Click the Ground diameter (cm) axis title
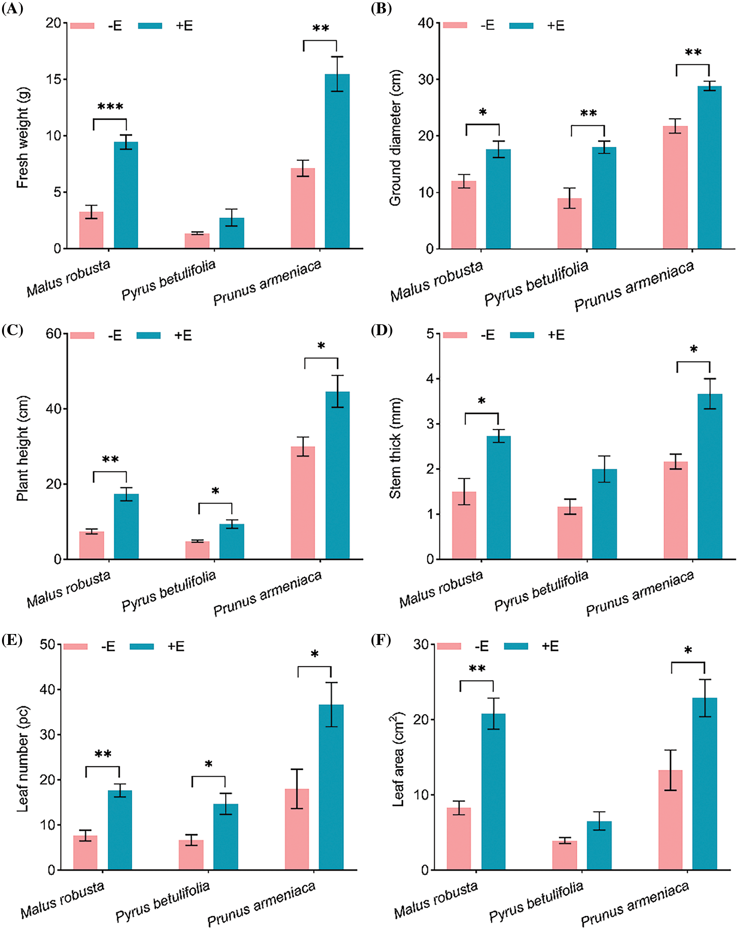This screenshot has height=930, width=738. pyautogui.click(x=395, y=138)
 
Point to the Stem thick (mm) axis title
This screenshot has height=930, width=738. pyautogui.click(x=395, y=448)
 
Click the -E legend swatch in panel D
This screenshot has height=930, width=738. pyautogui.click(x=455, y=335)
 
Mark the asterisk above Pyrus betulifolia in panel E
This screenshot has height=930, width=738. pyautogui.click(x=208, y=765)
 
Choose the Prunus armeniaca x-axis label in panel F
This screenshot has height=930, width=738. pyautogui.click(x=635, y=905)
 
